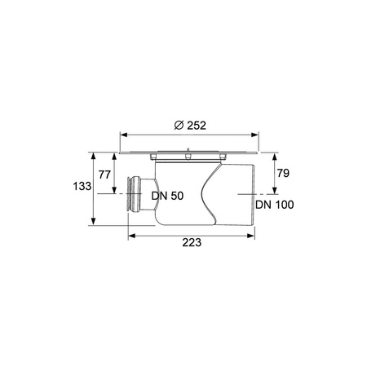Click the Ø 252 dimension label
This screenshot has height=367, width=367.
click(x=190, y=126)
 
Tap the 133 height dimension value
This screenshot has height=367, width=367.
click(x=82, y=186)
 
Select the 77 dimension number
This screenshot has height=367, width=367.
click(x=104, y=175)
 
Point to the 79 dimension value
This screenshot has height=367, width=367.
click(x=283, y=173)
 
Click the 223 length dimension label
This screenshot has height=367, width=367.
click(x=192, y=242)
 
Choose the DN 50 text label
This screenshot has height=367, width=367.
click(x=167, y=196)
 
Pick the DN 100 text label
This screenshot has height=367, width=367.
click(x=275, y=205)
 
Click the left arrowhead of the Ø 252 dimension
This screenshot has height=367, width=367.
click(x=124, y=135)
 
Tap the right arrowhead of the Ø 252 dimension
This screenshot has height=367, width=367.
click(x=254, y=135)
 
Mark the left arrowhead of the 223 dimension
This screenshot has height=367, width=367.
click(x=132, y=236)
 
